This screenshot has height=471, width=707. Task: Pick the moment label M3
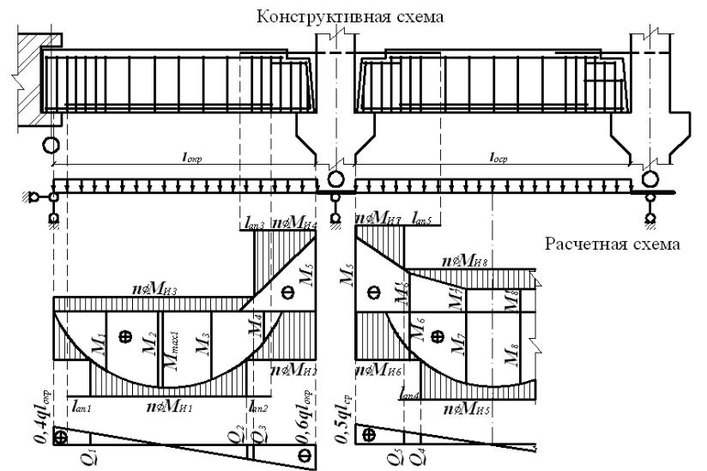click(x=202, y=341)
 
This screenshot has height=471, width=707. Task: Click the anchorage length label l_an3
click(x=255, y=225)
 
